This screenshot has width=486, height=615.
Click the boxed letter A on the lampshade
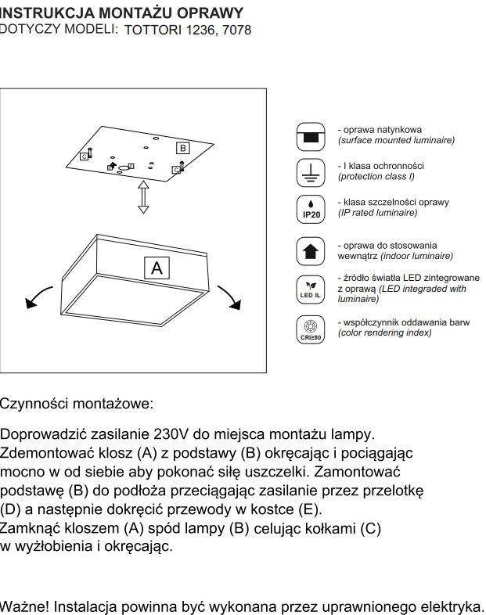coord(157,268)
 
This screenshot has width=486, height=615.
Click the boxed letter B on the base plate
coord(182,147)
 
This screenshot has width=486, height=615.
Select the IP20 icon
coord(311,210)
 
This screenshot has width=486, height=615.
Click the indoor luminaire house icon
coord(311,251)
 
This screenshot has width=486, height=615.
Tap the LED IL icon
coord(311,289)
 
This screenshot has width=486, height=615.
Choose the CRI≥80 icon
coord(311,328)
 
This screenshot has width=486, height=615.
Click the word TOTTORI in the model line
coord(153,31)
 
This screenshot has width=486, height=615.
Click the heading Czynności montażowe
coord(77,404)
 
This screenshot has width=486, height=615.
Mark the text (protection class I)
coord(376,177)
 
